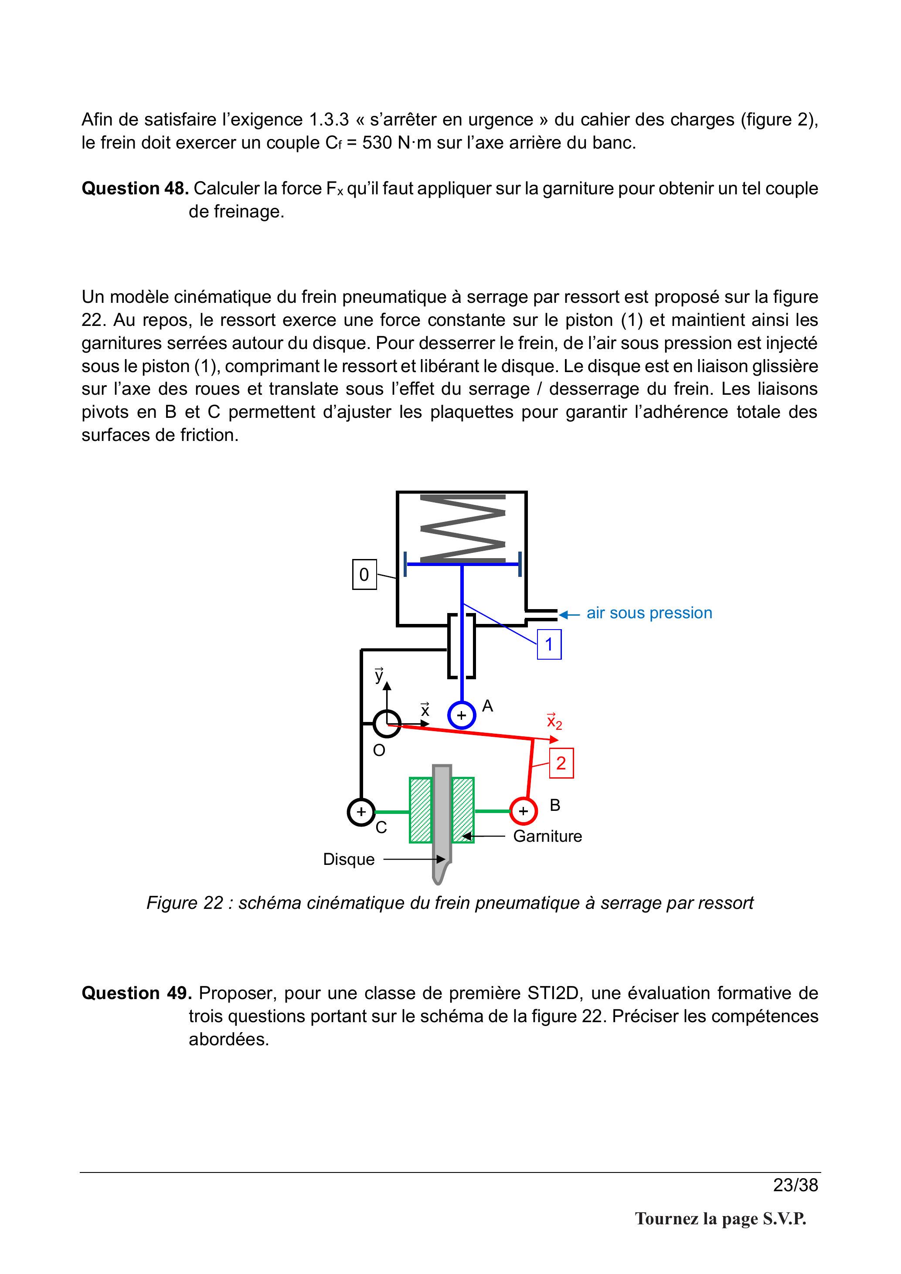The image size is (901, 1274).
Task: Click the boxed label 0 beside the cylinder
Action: (x=364, y=574)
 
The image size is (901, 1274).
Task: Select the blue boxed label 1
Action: (x=549, y=644)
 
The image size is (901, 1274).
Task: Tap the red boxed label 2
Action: (x=561, y=763)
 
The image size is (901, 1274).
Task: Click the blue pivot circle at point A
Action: (x=461, y=715)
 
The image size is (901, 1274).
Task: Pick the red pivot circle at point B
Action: (x=523, y=811)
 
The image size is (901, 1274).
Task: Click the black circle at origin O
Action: (x=387, y=724)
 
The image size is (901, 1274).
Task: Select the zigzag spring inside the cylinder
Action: (x=463, y=527)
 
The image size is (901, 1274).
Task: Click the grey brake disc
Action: (x=442, y=824)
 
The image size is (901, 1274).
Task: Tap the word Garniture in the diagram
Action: (x=547, y=836)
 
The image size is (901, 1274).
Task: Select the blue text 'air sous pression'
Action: (x=649, y=613)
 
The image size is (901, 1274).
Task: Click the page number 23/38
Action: (x=796, y=1185)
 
